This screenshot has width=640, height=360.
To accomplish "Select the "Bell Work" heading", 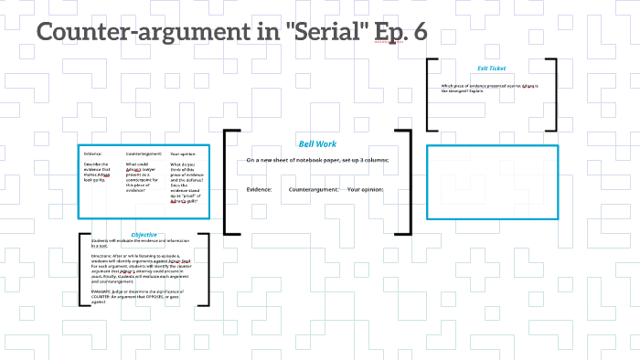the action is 317,144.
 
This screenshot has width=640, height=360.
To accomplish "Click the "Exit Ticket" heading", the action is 491,69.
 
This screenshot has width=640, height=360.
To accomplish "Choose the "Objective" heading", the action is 144,235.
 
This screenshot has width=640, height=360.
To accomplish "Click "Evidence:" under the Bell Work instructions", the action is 259,189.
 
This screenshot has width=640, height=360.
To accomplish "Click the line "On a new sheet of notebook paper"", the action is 317,160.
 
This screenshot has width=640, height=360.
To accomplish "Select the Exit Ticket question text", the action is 489,89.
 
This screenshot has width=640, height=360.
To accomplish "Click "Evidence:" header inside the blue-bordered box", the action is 93,153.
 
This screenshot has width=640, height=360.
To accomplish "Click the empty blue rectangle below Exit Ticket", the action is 493,182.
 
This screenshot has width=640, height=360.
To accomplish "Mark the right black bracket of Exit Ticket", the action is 552,96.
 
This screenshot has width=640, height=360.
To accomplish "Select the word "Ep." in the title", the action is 386,33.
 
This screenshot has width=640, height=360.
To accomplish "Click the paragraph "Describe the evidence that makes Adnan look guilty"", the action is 97,175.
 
